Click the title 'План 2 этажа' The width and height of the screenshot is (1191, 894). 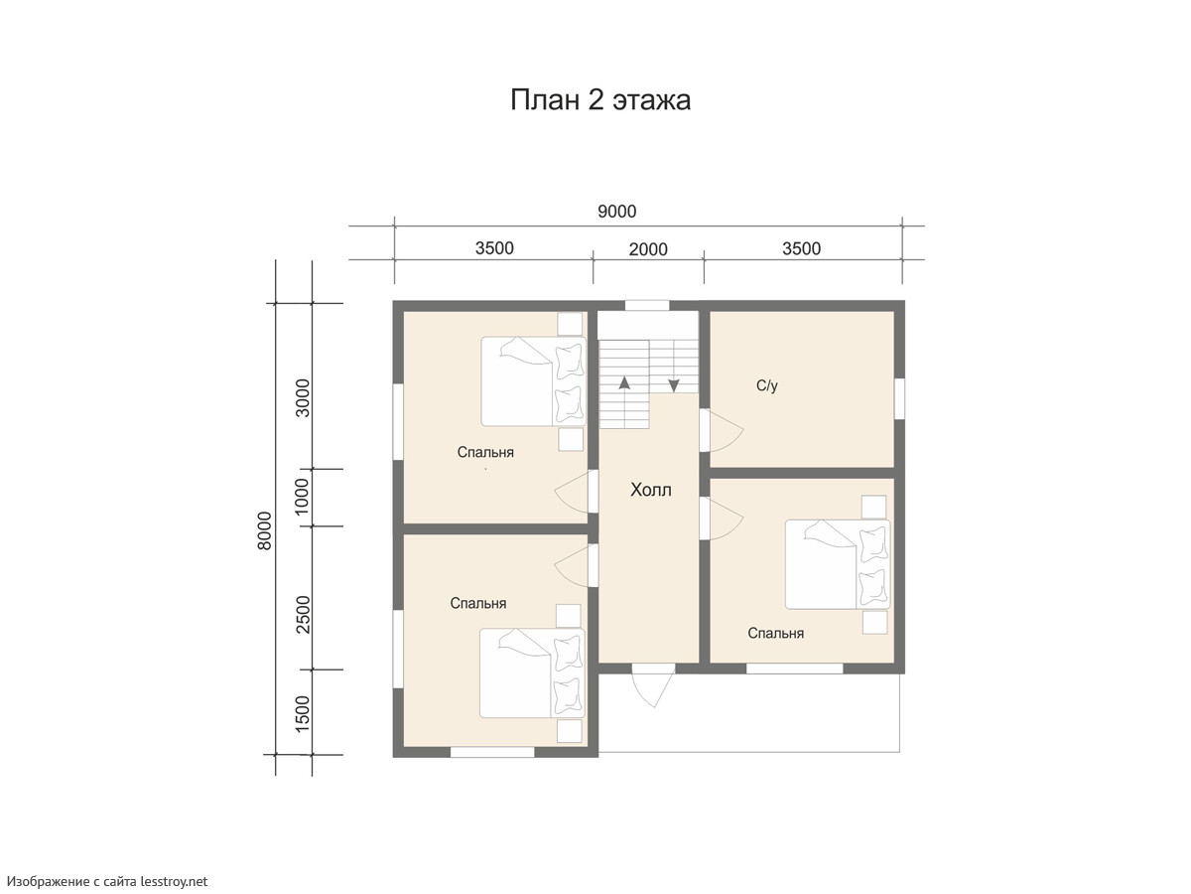click(600, 100)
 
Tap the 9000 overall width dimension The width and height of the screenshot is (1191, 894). click(617, 212)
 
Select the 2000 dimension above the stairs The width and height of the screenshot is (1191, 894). click(648, 249)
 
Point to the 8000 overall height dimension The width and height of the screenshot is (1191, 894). click(264, 530)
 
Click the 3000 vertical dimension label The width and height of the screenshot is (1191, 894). click(303, 398)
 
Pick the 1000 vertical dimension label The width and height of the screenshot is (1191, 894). click(301, 496)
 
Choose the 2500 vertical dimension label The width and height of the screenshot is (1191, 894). click(303, 615)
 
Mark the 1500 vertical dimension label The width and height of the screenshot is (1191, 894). click(303, 713)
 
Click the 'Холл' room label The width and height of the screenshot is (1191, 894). click(650, 490)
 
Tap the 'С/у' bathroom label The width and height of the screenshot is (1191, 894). click(766, 386)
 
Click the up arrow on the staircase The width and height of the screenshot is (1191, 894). click(624, 382)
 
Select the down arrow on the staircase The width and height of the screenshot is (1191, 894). click(674, 385)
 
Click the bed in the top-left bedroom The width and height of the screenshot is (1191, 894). click(533, 381)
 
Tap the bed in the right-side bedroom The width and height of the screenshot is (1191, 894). click(838, 564)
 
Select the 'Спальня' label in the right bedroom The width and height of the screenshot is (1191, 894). click(775, 633)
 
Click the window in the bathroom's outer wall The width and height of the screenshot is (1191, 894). click(899, 399)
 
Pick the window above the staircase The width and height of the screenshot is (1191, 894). click(647, 306)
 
